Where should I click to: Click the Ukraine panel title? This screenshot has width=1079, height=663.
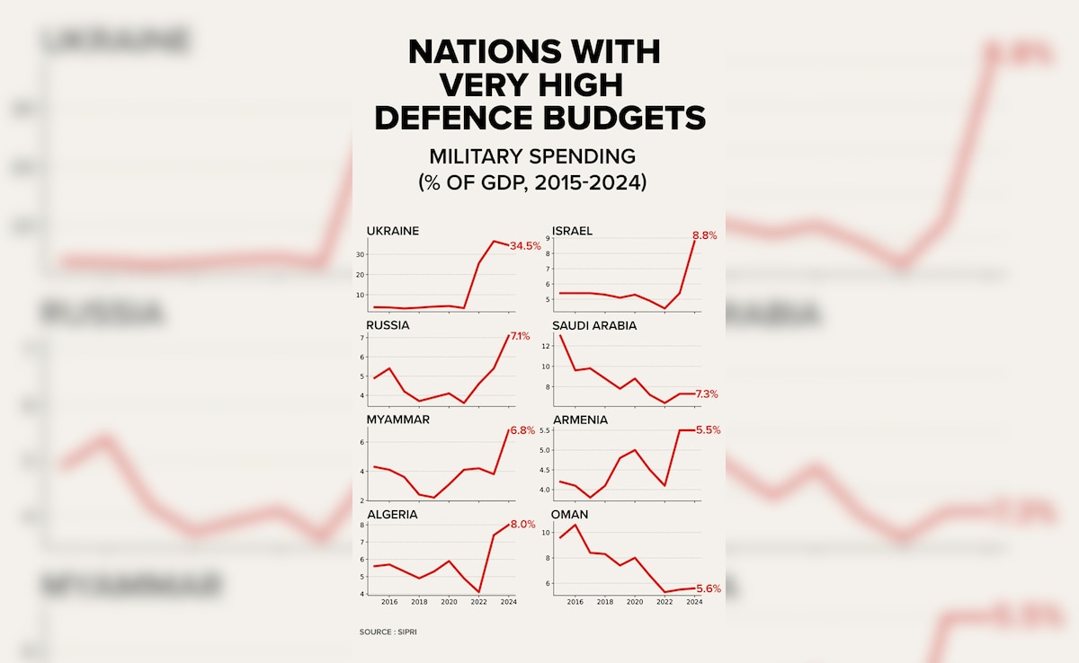[392, 231]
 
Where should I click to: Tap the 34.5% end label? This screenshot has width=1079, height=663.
[525, 245]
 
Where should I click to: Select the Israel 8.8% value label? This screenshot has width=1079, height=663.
[705, 236]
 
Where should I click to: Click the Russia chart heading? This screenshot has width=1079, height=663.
[388, 325]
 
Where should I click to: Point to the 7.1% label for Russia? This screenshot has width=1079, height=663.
[521, 336]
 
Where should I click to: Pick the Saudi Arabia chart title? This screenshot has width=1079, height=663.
[594, 325]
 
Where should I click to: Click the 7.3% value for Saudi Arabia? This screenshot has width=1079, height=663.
[707, 394]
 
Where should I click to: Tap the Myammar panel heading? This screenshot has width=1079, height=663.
[397, 420]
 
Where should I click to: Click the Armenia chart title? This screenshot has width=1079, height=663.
[580, 420]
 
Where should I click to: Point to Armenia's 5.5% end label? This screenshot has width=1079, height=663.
[708, 430]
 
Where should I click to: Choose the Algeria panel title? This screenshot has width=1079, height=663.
[392, 514]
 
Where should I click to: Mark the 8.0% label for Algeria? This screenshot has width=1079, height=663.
[524, 526]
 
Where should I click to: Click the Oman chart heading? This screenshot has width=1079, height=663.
[570, 514]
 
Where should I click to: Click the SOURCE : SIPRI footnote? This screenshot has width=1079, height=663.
[388, 632]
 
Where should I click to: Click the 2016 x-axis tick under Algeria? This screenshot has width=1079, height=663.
[389, 602]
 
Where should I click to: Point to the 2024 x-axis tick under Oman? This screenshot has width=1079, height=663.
[694, 602]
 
